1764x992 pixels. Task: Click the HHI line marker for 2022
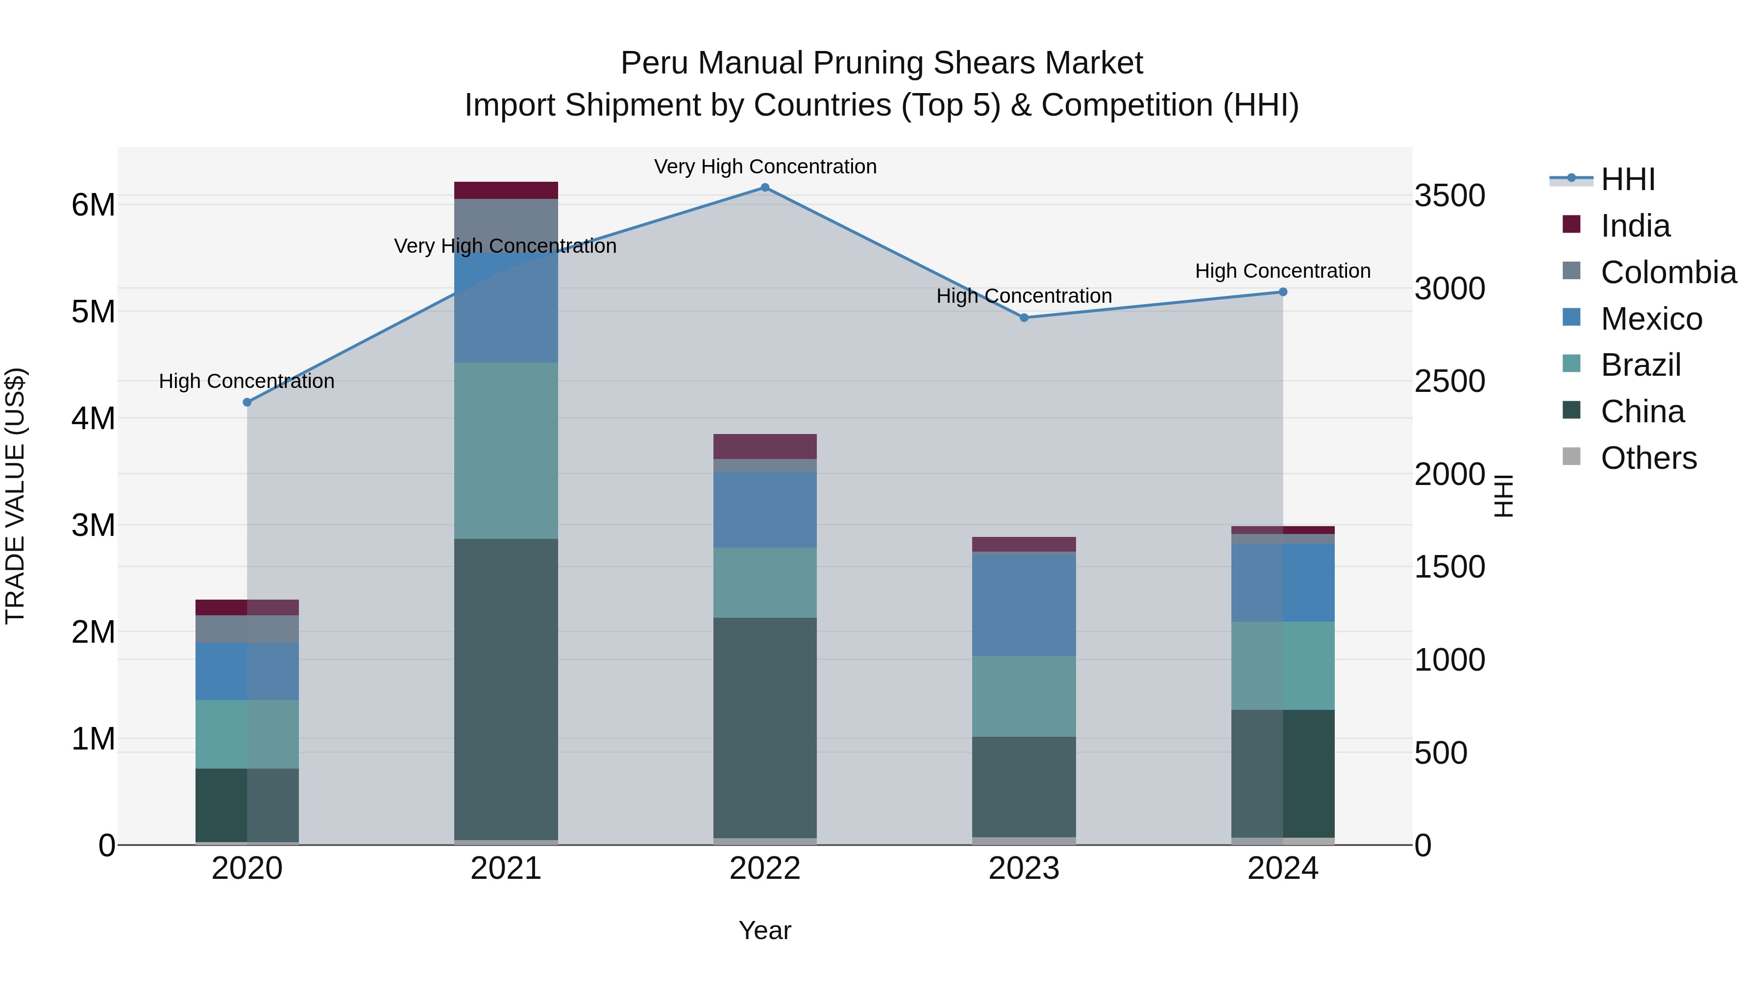(x=765, y=188)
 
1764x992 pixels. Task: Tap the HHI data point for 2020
(x=247, y=403)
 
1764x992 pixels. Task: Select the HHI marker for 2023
(x=1024, y=317)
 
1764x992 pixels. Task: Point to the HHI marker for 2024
(x=1283, y=292)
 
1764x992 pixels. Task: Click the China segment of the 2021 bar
(x=506, y=688)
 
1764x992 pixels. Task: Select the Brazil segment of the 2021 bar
(x=506, y=451)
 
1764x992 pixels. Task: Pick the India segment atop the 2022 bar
(x=765, y=446)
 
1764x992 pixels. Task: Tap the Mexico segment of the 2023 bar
(x=1024, y=605)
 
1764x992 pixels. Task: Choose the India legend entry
(x=1635, y=226)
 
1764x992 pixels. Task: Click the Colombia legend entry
(x=1668, y=272)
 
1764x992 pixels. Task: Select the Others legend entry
(x=1648, y=458)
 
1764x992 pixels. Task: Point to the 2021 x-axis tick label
(x=506, y=869)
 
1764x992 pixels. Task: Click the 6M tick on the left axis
(x=93, y=205)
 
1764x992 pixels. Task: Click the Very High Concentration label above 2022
(x=765, y=167)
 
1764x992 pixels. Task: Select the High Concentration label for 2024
(x=1283, y=271)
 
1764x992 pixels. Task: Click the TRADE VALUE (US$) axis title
(x=15, y=496)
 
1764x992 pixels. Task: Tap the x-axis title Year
(x=765, y=930)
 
